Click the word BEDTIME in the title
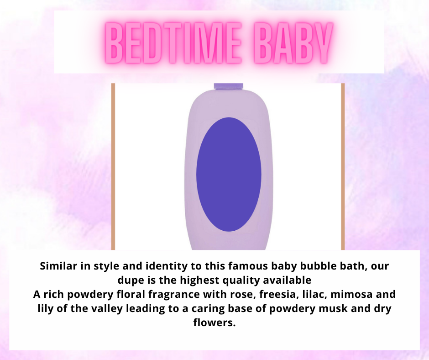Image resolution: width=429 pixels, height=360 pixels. (173, 43)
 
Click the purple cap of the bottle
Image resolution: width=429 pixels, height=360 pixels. (229, 86)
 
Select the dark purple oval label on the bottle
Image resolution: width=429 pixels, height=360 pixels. (229, 175)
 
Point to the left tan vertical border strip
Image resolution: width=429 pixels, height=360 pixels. (113, 167)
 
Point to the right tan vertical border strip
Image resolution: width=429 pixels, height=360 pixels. (343, 167)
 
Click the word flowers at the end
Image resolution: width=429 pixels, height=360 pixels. (214, 323)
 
